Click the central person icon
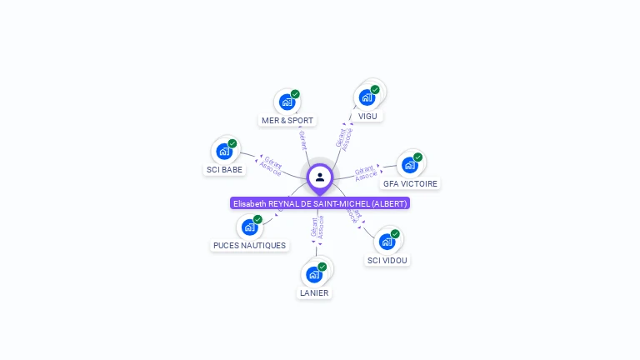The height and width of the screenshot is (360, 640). (x=320, y=177)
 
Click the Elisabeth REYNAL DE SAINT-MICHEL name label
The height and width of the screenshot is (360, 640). (x=320, y=203)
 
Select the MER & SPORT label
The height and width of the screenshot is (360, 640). (x=287, y=121)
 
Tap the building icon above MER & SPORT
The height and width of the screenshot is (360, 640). (x=287, y=102)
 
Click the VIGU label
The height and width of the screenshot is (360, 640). (x=367, y=116)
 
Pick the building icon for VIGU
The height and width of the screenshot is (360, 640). (x=367, y=97)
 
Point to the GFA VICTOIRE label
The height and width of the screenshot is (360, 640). (x=410, y=183)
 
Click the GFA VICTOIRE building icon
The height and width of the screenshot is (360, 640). (x=410, y=165)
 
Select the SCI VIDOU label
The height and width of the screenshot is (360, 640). (x=388, y=260)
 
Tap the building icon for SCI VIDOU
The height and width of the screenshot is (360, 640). (x=387, y=242)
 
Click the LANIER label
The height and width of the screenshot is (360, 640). (x=314, y=292)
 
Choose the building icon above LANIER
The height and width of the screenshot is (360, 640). (x=314, y=274)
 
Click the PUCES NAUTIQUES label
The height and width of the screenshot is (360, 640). (x=249, y=246)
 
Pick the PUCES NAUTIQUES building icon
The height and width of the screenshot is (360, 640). (x=249, y=227)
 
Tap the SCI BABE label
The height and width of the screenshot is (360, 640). (x=224, y=170)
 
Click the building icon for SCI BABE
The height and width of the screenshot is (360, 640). (x=224, y=152)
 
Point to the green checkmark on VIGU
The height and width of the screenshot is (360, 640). (x=375, y=90)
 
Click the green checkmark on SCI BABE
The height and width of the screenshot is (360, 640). (x=232, y=143)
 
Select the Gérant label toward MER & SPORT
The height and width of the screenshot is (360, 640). (x=303, y=139)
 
